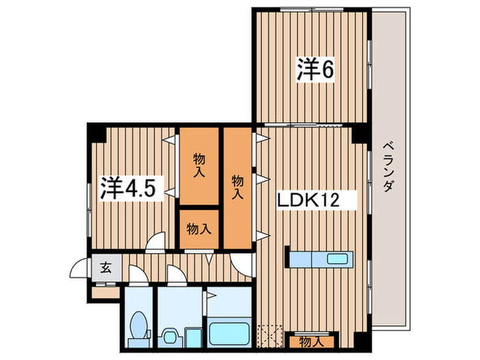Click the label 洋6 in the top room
(315, 70)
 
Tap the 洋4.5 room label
(132, 187)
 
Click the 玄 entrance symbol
(106, 267)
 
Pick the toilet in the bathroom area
(140, 326)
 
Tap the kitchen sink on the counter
(337, 260)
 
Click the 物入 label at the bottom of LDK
(311, 341)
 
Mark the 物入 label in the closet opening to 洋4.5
(199, 165)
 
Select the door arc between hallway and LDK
(243, 265)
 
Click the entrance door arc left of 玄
(82, 267)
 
